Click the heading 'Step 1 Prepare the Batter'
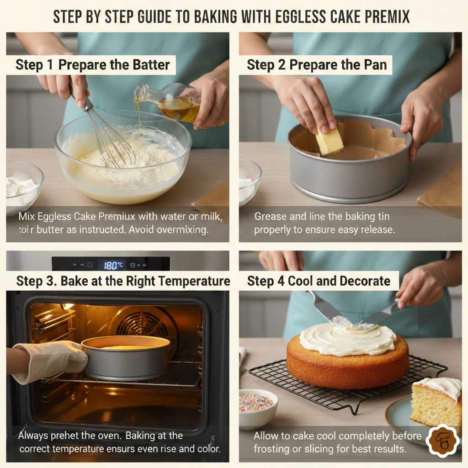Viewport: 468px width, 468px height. [x=93, y=65]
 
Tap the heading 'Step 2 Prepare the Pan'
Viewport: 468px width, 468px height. [x=317, y=65]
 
